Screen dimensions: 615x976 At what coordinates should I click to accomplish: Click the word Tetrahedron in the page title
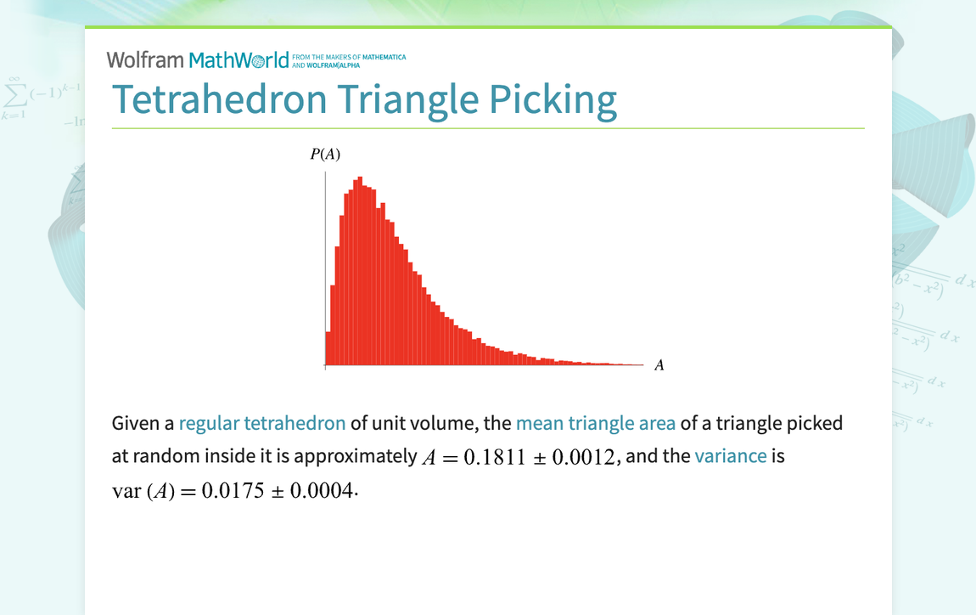coord(219,99)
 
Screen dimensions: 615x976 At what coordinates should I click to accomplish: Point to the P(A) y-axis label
coord(325,154)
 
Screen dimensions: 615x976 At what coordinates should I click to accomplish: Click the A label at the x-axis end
coord(659,366)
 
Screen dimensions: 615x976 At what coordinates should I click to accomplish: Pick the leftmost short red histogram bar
coord(328,348)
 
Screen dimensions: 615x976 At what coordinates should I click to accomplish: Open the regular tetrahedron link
coord(262,423)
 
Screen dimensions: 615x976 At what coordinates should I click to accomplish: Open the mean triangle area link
coord(596,423)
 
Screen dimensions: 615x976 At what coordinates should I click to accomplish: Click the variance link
coord(731,456)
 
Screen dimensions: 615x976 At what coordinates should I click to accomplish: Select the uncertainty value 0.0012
coord(583,457)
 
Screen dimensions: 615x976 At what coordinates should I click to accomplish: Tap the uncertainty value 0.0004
coord(321,492)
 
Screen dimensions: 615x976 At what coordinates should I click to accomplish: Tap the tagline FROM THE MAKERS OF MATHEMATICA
coord(349,57)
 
